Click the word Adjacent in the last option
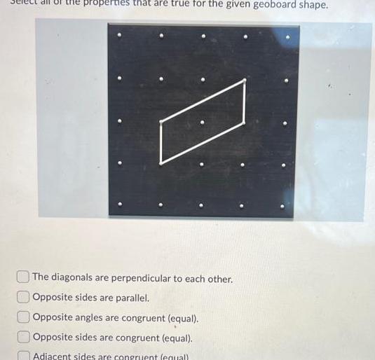point(54,355)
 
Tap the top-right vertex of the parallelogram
point(245,81)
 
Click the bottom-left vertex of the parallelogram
point(161,162)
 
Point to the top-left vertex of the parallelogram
point(161,122)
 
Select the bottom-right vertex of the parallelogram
point(244,123)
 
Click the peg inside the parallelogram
point(203,123)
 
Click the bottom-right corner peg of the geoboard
point(285,207)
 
